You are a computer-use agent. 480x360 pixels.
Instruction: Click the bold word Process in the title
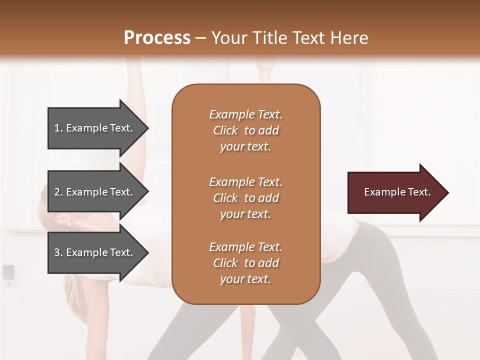click(x=157, y=38)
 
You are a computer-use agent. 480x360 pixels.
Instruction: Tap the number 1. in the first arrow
click(x=58, y=128)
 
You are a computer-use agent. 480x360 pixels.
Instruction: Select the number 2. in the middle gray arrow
click(x=58, y=192)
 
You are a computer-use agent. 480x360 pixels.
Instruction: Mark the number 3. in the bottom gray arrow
click(x=58, y=252)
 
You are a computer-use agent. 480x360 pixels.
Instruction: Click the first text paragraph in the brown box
click(x=245, y=130)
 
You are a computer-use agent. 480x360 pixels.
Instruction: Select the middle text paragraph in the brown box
click(x=245, y=197)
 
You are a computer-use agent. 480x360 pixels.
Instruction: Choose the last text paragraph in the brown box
click(x=245, y=263)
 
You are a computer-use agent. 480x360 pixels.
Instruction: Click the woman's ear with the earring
click(x=62, y=220)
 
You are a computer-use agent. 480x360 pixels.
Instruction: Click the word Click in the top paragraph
click(x=225, y=130)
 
